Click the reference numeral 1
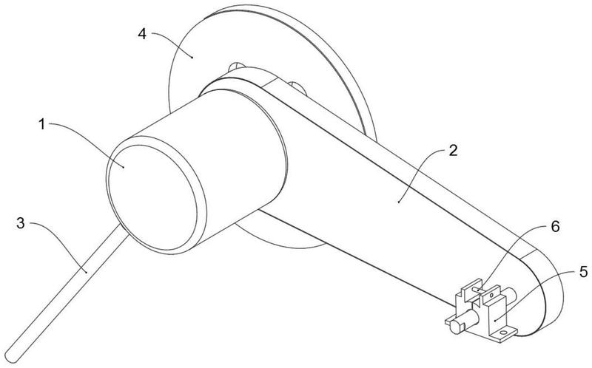pos(42,124)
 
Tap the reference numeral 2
pos(453,151)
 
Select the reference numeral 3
pos(21,223)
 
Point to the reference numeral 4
pos(142,34)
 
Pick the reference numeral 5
pos(583,271)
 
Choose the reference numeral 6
pos(555,226)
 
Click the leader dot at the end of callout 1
pos(124,166)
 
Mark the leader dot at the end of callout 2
pos(399,202)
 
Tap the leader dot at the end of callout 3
pos(86,270)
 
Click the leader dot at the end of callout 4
pos(192,58)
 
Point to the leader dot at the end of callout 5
pos(494,321)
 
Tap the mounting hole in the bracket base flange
pos(502,333)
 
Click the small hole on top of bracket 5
pos(491,296)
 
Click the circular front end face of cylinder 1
pos(152,197)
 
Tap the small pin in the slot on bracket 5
pos(479,290)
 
